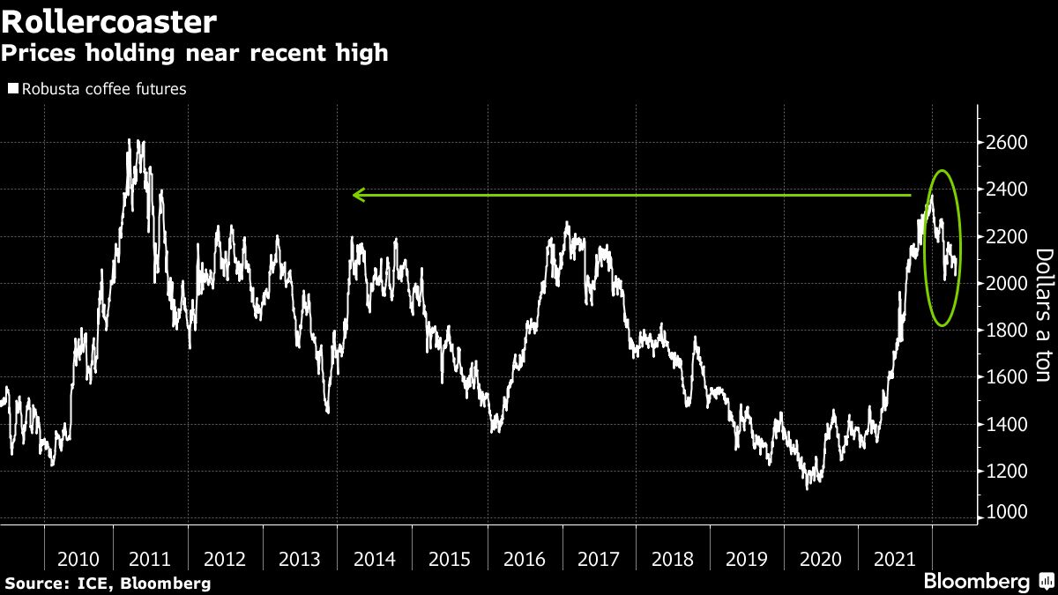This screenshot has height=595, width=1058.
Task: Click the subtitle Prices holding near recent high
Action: [x=194, y=53]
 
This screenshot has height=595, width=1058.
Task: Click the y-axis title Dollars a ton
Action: [x=1043, y=315]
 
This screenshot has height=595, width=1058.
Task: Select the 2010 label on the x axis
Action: [x=78, y=558]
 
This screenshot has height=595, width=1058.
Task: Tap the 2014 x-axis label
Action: [x=374, y=558]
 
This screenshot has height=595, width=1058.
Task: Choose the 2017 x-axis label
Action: [x=597, y=558]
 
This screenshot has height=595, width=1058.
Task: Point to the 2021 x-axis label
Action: [x=894, y=558]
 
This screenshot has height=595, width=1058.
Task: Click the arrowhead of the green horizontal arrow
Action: [x=355, y=195]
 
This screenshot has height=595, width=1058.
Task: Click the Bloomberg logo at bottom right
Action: [x=977, y=582]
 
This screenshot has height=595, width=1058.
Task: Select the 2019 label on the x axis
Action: [x=746, y=558]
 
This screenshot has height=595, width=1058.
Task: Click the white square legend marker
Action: [x=12, y=89]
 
